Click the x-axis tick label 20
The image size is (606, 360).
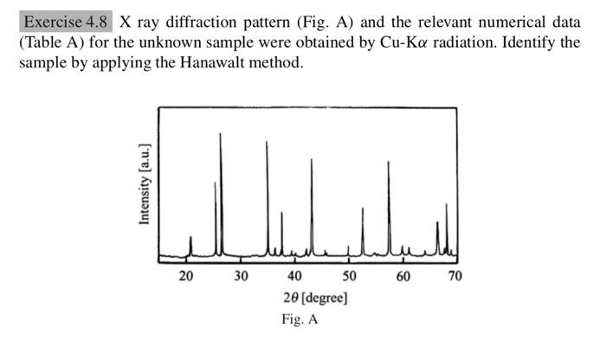(x=186, y=277)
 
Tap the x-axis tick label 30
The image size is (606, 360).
(x=241, y=277)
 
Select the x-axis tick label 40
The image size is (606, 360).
(x=294, y=277)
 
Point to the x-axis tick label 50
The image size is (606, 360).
(x=349, y=277)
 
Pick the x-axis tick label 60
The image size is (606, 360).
(x=403, y=277)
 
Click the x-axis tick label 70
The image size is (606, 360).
(x=456, y=277)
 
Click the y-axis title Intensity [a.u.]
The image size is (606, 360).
(x=145, y=185)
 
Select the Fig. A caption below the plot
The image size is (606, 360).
(x=300, y=319)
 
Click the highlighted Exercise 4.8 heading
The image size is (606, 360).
(x=67, y=22)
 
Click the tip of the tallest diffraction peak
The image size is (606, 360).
(x=221, y=133)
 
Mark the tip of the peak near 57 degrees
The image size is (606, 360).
(x=389, y=162)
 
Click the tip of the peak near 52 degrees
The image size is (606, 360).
(x=363, y=209)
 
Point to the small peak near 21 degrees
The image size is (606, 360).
(x=191, y=237)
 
